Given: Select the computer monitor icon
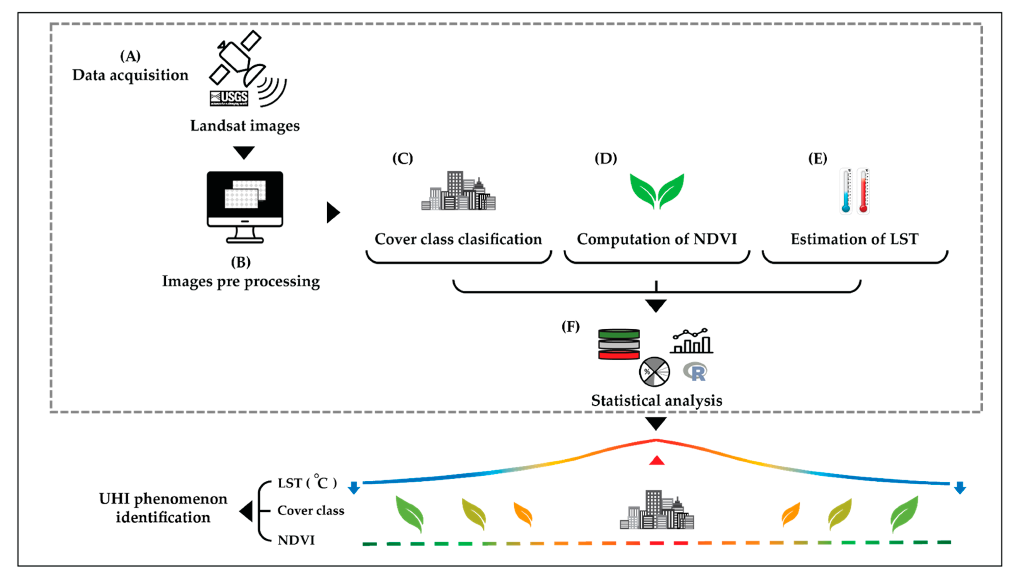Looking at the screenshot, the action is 245,207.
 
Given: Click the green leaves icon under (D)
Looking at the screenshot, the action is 657,191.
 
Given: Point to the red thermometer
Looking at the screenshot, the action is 863,191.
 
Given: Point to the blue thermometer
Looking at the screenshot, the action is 846,191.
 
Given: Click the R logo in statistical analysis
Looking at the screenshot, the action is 695,371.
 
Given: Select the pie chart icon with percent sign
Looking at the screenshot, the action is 654,372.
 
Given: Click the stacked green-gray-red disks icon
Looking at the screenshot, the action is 619,344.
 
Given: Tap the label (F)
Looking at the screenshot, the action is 570,327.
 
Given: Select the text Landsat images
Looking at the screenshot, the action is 245,126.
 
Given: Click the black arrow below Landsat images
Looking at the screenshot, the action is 244,152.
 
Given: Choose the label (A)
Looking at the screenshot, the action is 130,56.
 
